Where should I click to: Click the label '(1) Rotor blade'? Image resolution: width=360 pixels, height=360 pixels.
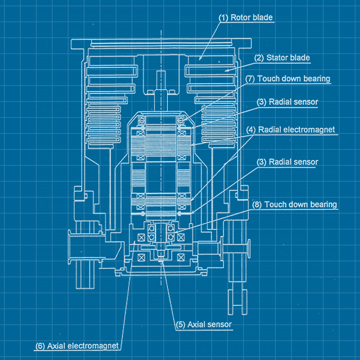click(245, 17)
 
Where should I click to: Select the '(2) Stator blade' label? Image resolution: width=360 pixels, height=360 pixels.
click(281, 58)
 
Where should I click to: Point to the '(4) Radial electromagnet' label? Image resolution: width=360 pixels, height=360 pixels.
click(290, 130)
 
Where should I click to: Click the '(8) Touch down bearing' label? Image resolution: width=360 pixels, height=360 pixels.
click(294, 204)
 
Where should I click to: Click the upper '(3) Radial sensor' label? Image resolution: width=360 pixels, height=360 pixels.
click(287, 102)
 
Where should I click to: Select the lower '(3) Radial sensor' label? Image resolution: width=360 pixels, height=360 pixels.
click(287, 162)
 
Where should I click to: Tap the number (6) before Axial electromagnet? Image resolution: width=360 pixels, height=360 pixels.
click(40, 346)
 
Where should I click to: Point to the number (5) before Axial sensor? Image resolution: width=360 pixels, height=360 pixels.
click(181, 325)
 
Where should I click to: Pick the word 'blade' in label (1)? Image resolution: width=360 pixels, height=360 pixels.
click(263, 17)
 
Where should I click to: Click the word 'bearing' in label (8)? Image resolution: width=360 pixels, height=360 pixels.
click(324, 204)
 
